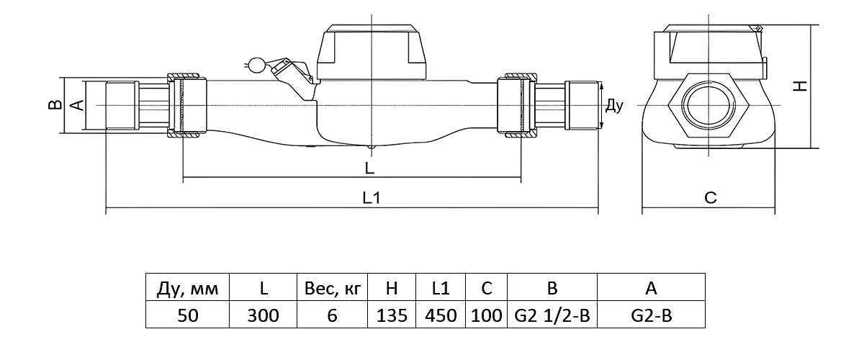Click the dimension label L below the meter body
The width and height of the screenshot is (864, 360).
[x=369, y=168]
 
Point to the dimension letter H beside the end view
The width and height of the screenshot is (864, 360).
[x=799, y=86]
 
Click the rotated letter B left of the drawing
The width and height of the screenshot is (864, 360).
[x=53, y=105]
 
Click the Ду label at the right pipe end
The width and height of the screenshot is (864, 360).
[x=613, y=107]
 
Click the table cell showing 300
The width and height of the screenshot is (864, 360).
[x=264, y=315]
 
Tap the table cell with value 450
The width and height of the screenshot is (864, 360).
[x=441, y=315]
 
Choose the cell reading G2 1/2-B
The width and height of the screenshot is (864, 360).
[x=552, y=315]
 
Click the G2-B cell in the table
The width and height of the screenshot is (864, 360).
[x=651, y=315]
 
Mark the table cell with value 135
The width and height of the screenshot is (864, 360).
[x=392, y=315]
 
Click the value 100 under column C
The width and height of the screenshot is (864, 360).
[x=487, y=315]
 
